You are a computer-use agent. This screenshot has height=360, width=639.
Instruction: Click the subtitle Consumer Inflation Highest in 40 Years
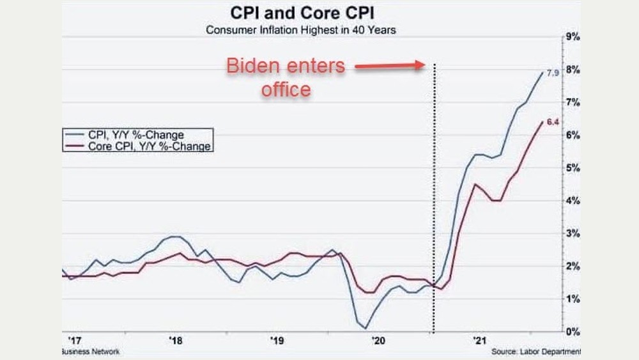[x=300, y=29]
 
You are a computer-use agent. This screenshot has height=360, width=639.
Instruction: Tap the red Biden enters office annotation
[x=286, y=77]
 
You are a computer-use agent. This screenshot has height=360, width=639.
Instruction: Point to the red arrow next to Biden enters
[x=390, y=65]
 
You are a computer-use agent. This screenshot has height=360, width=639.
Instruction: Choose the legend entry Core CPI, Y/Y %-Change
[x=137, y=146]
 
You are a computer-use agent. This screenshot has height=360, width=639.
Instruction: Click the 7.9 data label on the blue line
[x=553, y=73]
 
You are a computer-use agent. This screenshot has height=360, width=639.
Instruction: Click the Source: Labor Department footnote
[x=536, y=352]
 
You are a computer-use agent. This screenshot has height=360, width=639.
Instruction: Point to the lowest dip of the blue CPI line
[x=364, y=327]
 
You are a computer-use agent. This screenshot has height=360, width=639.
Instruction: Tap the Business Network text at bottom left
[x=89, y=352]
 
